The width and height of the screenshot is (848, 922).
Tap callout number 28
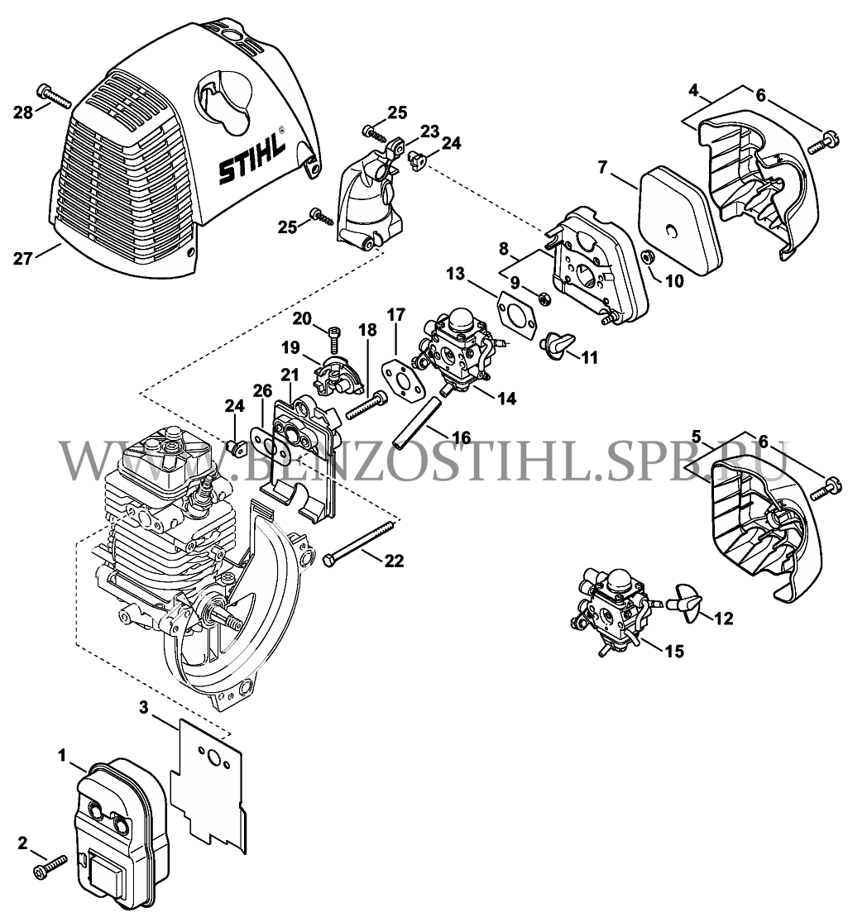coord(22,112)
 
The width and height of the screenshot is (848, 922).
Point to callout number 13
coord(458,273)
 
